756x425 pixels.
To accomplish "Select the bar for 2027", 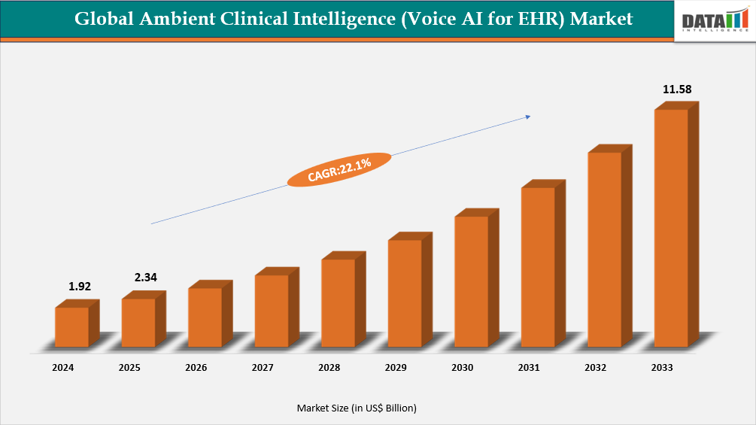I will click(x=272, y=311).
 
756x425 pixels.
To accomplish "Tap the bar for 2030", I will click(x=471, y=281).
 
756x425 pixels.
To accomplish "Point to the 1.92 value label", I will click(x=80, y=286).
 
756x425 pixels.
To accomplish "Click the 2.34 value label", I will click(x=146, y=278).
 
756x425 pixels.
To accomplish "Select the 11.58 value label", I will click(x=677, y=90).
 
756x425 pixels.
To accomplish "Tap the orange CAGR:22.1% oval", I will click(x=340, y=169).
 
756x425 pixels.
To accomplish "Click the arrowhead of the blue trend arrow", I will click(x=527, y=117).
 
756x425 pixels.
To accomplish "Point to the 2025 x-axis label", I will click(x=129, y=368).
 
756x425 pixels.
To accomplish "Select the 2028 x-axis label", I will click(x=329, y=368).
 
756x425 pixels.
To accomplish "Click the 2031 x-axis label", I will click(x=529, y=368).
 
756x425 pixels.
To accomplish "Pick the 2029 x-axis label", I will click(x=396, y=368).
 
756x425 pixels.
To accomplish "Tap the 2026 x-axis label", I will click(x=196, y=368).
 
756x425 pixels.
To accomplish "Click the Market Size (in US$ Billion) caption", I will click(x=357, y=408).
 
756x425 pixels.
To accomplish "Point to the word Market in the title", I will click(x=601, y=19).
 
